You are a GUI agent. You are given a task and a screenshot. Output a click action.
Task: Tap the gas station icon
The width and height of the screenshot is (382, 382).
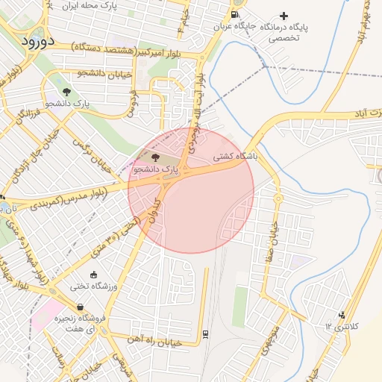[236, 14]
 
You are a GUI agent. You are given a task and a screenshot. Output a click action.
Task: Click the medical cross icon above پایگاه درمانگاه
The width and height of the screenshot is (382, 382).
[283, 16]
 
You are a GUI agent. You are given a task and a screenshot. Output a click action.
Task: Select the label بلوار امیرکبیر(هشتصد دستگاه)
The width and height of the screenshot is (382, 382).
[135, 48]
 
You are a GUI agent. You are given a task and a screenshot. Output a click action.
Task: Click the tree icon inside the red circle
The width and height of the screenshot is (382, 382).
[155, 157]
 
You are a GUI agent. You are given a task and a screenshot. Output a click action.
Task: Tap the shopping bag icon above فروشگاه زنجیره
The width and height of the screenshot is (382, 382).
[80, 307]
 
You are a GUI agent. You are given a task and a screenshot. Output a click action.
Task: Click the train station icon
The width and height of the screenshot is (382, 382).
[205, 333]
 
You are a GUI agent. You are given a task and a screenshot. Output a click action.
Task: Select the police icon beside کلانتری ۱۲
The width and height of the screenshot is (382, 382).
[342, 316]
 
